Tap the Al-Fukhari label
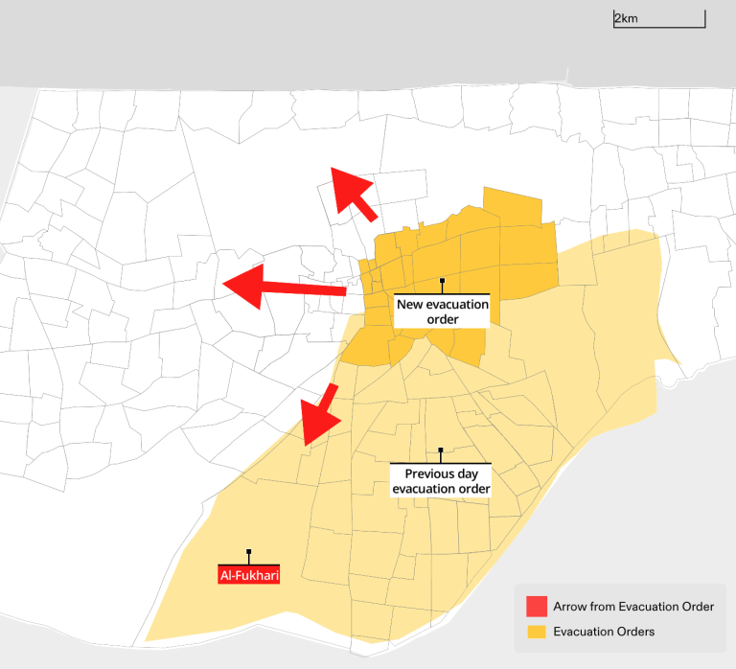(249, 575)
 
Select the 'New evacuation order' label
(442, 311)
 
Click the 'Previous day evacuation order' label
(441, 481)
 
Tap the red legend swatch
(537, 607)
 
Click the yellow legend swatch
(537, 632)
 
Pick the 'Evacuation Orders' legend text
(604, 632)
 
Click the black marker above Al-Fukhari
(249, 552)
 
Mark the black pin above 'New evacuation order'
(442, 281)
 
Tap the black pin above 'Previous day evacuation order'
(441, 450)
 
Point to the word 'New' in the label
(410, 304)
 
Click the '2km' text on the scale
(626, 18)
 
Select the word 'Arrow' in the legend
(571, 607)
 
